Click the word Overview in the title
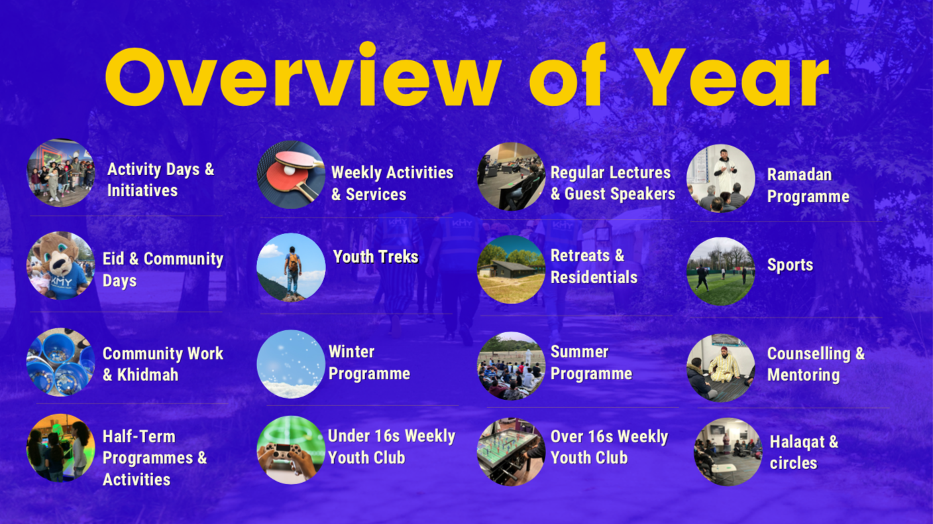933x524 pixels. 303,74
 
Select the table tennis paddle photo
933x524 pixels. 291,174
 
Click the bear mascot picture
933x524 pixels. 61,265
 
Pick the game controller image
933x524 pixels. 291,450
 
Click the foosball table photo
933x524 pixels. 511,452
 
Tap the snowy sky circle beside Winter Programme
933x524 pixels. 291,364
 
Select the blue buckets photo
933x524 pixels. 61,362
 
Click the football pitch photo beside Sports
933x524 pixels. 721,271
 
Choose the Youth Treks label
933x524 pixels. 376,257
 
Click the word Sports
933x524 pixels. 790,265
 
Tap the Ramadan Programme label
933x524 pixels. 808,186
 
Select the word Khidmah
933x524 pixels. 148,375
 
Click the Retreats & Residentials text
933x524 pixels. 594,267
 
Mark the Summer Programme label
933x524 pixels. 592,363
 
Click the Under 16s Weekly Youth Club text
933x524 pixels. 392,447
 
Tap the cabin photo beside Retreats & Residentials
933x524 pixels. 511,269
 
